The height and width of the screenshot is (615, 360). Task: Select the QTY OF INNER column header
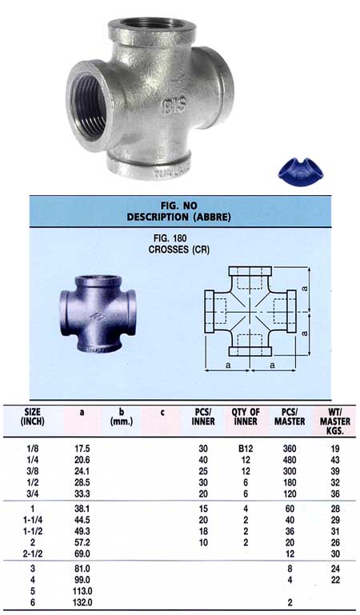tap(246, 417)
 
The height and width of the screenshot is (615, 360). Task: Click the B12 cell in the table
tap(246, 449)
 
